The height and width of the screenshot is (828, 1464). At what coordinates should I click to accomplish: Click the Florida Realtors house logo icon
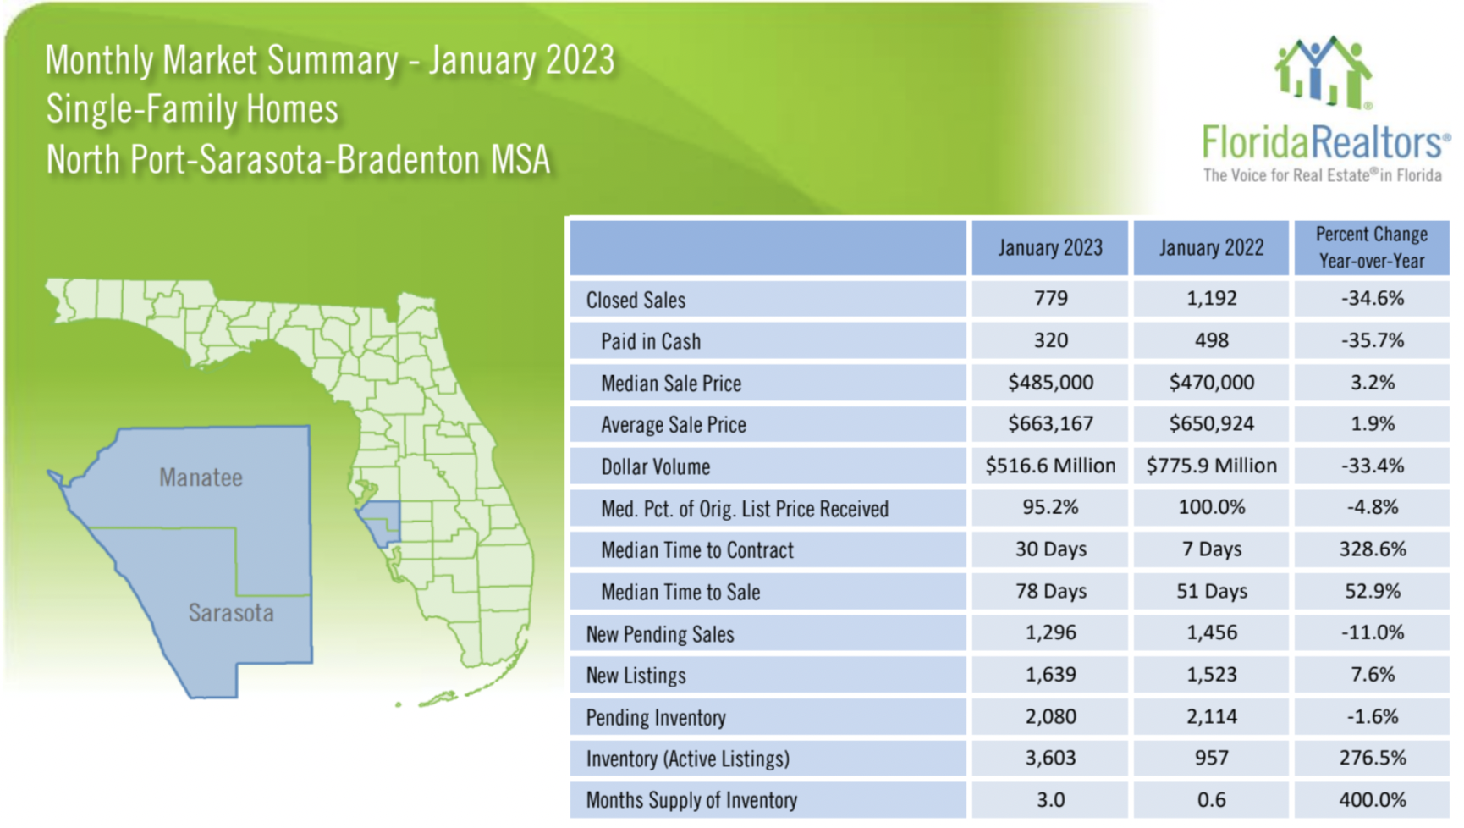click(x=1323, y=72)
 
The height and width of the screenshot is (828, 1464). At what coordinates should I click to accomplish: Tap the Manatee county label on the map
click(x=201, y=477)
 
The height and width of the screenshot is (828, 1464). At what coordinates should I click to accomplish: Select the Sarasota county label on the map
click(x=231, y=613)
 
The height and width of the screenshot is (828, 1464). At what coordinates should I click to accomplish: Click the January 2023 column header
click(x=1049, y=247)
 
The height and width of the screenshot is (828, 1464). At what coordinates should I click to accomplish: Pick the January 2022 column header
click(x=1211, y=247)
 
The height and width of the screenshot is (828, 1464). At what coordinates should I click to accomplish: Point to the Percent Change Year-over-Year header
click(x=1371, y=247)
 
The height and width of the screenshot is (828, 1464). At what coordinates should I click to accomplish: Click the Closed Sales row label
click(x=636, y=300)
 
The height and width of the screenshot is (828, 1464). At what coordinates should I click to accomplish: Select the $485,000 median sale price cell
click(x=1050, y=383)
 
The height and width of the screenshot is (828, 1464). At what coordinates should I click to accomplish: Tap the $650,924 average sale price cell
click(x=1211, y=423)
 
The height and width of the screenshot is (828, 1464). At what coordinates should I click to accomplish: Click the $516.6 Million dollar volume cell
click(x=1050, y=466)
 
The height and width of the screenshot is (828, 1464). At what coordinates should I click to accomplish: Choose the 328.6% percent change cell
click(x=1372, y=549)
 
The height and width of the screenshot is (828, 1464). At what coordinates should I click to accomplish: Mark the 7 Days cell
click(x=1211, y=549)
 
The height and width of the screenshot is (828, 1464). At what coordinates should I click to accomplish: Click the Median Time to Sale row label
click(x=680, y=592)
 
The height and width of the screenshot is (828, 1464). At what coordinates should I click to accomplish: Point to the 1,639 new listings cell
click(x=1050, y=675)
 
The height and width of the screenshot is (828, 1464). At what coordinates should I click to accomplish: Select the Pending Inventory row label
click(x=656, y=717)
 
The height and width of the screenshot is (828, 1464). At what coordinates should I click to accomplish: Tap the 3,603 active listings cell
click(x=1050, y=758)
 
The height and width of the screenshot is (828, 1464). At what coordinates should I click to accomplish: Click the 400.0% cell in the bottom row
click(x=1372, y=799)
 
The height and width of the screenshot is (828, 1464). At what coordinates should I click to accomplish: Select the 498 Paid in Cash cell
click(x=1211, y=340)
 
